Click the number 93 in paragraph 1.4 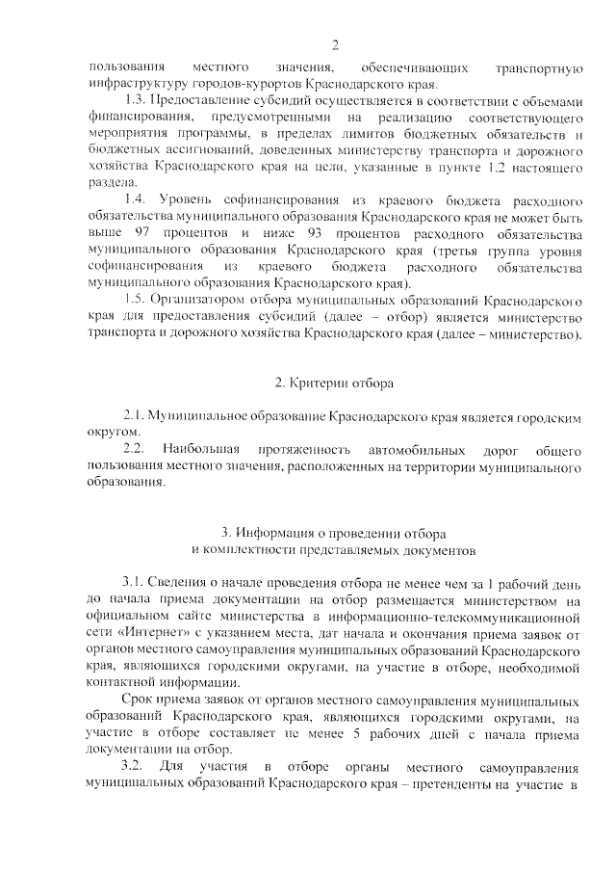[x=305, y=233]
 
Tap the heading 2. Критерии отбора [x=333, y=383]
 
